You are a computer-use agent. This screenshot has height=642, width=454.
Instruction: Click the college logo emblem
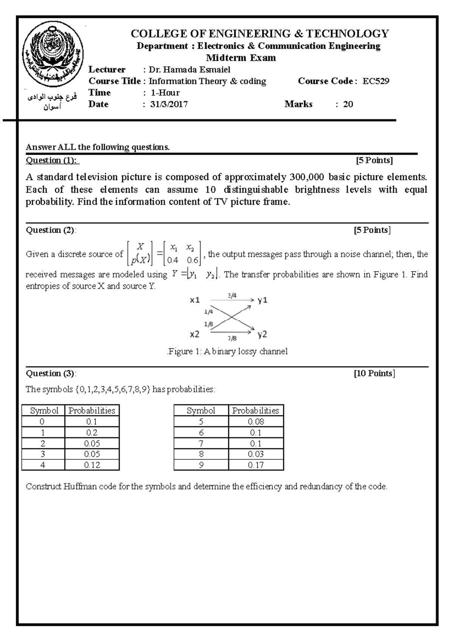[51, 54]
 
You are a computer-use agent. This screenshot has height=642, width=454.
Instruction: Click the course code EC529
[376, 81]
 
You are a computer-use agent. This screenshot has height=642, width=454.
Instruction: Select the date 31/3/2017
[169, 104]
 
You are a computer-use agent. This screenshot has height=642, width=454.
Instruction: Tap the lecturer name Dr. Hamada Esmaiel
[189, 70]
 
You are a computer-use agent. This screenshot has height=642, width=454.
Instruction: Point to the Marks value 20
[348, 104]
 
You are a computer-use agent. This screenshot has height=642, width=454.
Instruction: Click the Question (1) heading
[51, 160]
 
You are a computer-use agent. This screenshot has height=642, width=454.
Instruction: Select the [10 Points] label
[374, 374]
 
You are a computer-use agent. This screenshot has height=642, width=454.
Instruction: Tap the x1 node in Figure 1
[194, 300]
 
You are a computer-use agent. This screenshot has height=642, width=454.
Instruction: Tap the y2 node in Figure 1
[262, 334]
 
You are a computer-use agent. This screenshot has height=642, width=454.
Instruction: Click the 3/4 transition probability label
[232, 296]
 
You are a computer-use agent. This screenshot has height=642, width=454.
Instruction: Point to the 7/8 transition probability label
[232, 338]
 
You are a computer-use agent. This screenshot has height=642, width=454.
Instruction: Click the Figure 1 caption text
[227, 352]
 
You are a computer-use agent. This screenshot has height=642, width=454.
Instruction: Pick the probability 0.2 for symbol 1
[92, 433]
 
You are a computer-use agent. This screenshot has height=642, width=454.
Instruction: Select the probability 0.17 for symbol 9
[256, 465]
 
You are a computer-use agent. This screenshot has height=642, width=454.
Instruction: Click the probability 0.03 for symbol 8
[256, 454]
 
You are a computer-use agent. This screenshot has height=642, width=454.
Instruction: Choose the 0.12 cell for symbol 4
[92, 465]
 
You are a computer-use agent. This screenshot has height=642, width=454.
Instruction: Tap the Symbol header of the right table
[201, 411]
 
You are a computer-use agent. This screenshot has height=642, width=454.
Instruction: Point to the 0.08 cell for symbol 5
[256, 422]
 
